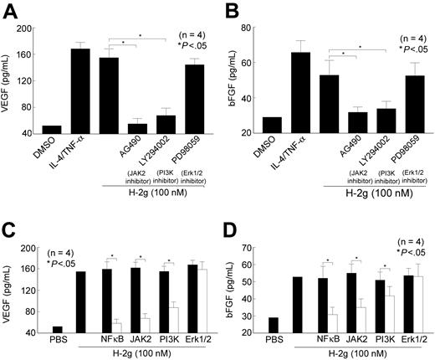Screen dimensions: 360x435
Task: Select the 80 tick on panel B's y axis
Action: coord(249,28)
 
